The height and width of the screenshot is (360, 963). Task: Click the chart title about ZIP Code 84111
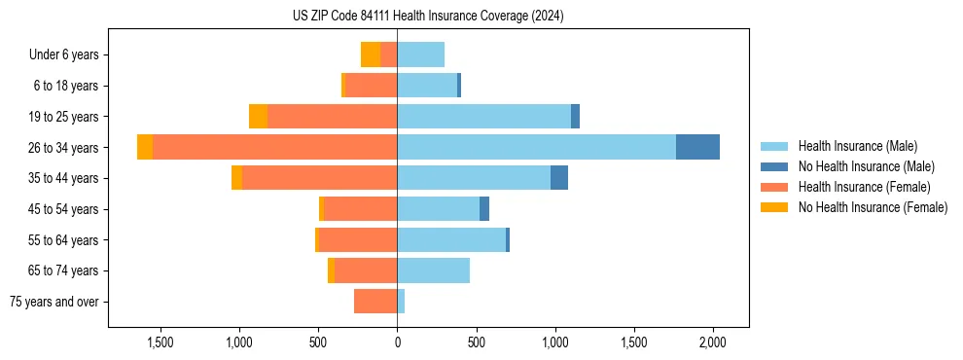(428, 16)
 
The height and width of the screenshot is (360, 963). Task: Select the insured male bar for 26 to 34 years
(536, 147)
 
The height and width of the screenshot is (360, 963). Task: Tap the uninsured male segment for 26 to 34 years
(697, 147)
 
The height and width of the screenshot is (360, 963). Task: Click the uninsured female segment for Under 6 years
(371, 54)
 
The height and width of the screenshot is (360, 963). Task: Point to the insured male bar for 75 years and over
(401, 302)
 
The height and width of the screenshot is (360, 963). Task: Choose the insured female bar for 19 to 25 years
(332, 116)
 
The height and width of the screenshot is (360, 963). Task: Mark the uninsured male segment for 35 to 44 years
(559, 178)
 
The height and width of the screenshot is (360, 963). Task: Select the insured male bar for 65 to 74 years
(433, 270)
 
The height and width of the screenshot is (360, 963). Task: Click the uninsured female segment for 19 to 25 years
(258, 116)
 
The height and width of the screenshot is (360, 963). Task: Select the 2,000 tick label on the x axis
(713, 343)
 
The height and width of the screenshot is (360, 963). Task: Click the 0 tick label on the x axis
(397, 343)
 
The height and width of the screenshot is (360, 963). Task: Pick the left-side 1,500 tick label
(160, 343)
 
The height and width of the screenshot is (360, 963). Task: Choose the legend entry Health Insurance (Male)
(857, 146)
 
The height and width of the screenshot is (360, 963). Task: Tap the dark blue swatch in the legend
(774, 166)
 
